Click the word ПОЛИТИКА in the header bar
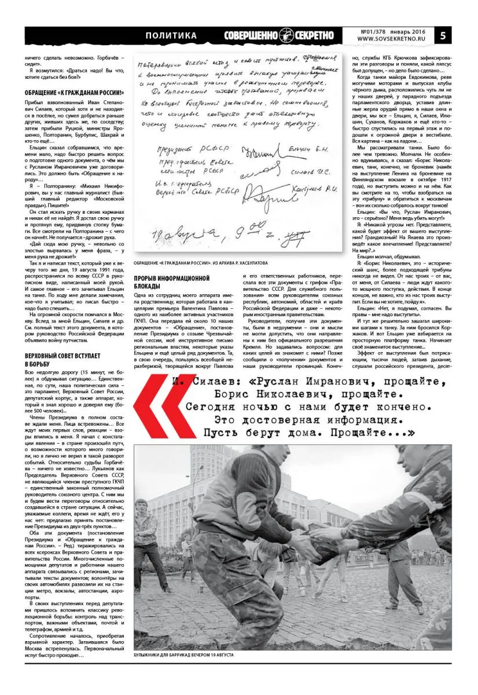click(171, 36)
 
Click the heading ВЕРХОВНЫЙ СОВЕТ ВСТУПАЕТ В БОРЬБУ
click(64, 359)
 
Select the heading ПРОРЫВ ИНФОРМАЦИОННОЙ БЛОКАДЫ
click(171, 282)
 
